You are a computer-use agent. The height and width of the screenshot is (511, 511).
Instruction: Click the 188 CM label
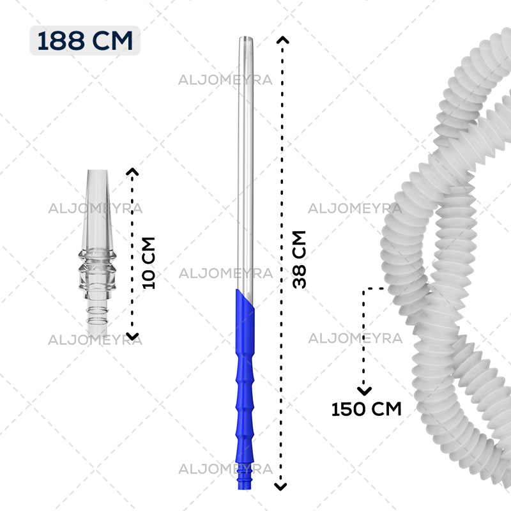[x=85, y=41]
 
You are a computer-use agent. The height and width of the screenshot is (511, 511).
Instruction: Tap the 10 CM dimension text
[x=149, y=263]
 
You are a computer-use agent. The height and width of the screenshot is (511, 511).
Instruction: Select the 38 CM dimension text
[x=299, y=259]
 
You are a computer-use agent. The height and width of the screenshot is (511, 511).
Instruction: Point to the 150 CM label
[x=366, y=409]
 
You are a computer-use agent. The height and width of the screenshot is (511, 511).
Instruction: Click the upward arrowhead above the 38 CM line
[x=282, y=40]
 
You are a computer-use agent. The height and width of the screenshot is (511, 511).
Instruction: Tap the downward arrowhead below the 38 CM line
[x=280, y=487]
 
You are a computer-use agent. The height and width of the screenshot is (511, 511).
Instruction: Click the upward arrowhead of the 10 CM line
[x=132, y=171]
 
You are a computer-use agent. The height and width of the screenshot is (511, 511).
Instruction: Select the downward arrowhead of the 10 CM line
[x=132, y=337]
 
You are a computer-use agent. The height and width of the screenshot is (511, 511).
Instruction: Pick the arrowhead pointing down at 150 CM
[x=364, y=391]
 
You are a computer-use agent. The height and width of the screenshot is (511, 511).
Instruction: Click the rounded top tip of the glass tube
[x=246, y=38]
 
